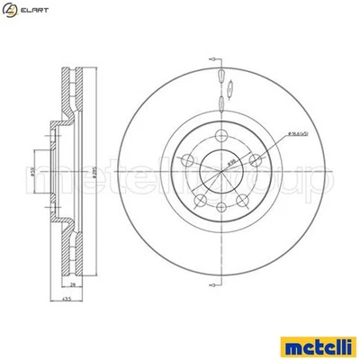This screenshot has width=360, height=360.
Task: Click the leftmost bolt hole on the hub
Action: coord(186,159)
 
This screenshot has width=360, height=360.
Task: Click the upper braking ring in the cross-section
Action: coord(75,99)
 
